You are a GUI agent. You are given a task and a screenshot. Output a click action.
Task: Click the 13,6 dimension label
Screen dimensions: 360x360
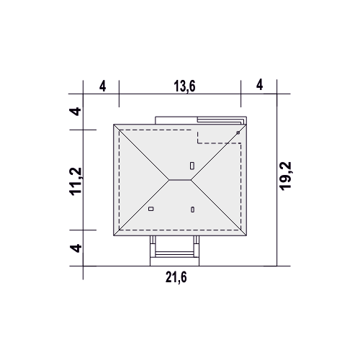point(184,86)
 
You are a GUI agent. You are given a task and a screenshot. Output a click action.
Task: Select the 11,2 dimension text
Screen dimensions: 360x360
point(76,181)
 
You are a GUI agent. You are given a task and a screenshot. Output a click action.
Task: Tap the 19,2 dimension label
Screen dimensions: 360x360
point(285,176)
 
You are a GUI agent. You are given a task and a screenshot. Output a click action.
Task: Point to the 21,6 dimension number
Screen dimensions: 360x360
point(176,278)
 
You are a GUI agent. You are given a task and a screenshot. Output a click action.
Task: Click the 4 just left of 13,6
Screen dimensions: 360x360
point(102,86)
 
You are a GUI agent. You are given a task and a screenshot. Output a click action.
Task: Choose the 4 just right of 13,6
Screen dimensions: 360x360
point(259,85)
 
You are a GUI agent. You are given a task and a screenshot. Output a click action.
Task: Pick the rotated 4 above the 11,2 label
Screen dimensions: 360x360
point(76,112)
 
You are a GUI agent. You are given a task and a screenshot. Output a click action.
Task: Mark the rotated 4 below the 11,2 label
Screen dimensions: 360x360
point(76,248)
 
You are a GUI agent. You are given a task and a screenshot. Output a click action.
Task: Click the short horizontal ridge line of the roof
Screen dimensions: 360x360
point(180,179)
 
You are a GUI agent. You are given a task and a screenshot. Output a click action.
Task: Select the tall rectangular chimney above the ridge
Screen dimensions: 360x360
point(192,166)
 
